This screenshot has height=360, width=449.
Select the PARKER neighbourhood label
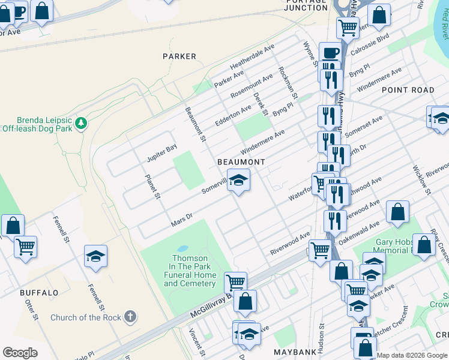[179, 56]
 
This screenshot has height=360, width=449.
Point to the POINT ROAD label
[408, 90]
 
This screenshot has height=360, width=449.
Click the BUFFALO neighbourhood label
[39, 293]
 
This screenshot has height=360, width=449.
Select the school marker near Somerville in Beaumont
[238, 181]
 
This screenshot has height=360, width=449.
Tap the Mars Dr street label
[181, 220]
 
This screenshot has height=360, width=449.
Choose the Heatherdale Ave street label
[252, 55]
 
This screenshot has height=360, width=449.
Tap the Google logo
[20, 353]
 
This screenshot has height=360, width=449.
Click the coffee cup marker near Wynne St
[330, 53]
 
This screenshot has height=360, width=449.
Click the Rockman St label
[288, 83]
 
